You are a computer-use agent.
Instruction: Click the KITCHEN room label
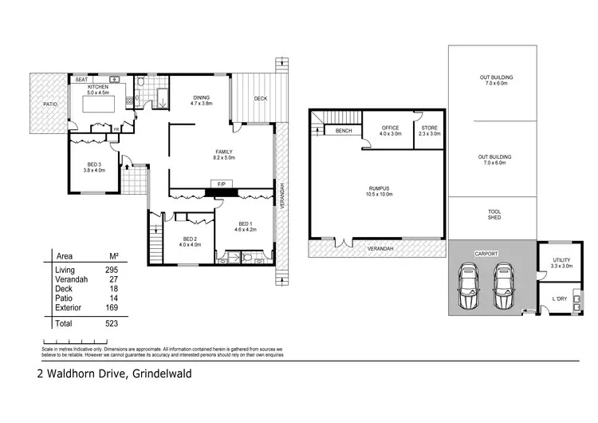(x=97, y=88)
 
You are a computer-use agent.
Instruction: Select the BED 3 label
(x=95, y=166)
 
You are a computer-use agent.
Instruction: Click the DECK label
(x=261, y=99)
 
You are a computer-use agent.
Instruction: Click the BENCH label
(x=344, y=131)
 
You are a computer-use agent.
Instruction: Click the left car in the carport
(x=467, y=287)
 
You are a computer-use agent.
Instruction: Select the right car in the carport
(x=504, y=287)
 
